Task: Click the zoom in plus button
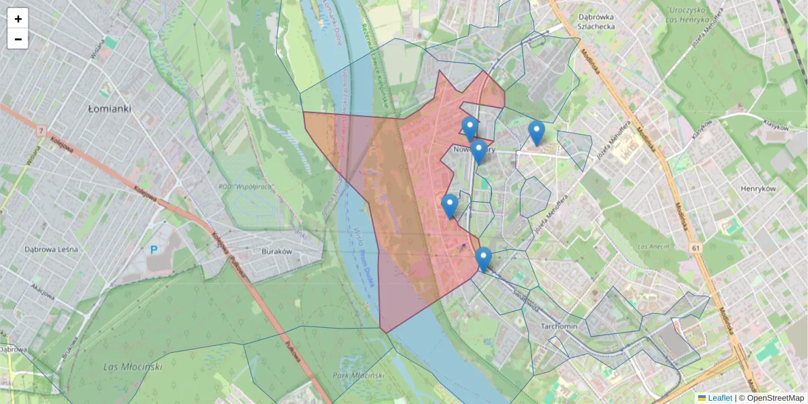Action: (x=18, y=19)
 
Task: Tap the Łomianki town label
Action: (x=110, y=108)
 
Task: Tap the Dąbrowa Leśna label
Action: (x=51, y=249)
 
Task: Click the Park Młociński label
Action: (x=358, y=375)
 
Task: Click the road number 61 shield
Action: (x=695, y=249)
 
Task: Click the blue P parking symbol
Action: (x=154, y=250)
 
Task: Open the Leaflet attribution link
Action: (x=718, y=398)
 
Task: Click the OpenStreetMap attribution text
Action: (x=775, y=398)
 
